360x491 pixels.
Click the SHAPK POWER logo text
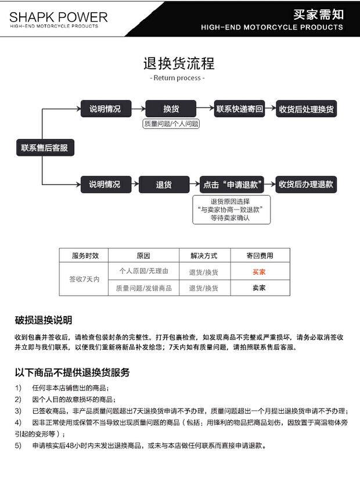58,17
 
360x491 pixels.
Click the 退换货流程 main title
179,63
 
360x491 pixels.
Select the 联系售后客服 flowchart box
44,148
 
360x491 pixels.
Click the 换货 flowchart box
171,109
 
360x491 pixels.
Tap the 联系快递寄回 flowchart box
240,109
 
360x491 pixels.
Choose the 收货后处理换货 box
306,109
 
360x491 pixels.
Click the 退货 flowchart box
164,185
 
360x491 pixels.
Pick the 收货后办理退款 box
306,185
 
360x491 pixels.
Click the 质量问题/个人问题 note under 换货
171,124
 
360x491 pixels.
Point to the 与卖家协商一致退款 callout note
231,210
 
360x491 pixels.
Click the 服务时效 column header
84,256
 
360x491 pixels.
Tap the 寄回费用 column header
260,256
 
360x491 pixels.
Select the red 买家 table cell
259,271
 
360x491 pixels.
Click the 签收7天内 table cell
84,279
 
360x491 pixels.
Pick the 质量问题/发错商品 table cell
143,288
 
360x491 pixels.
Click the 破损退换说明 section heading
44,320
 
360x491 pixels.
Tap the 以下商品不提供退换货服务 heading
72,372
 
